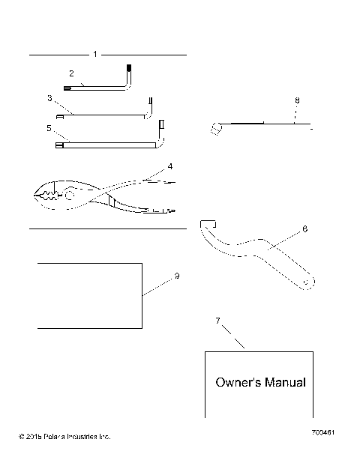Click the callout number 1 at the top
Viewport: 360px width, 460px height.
[x=94, y=55]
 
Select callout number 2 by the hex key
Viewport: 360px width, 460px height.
[x=71, y=73]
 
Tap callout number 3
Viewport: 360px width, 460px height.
[x=49, y=98]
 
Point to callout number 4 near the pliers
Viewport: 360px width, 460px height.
[x=170, y=166]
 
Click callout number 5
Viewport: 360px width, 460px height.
[x=49, y=128]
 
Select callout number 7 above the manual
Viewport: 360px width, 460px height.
[x=218, y=321]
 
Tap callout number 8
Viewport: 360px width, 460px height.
[x=296, y=100]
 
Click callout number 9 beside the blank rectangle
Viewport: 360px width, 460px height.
[x=176, y=276]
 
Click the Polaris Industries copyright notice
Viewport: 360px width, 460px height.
[x=65, y=435]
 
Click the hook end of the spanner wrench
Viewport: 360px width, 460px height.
[x=208, y=224]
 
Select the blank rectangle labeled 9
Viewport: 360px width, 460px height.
[x=89, y=295]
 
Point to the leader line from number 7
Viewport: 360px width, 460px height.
[x=234, y=336]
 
